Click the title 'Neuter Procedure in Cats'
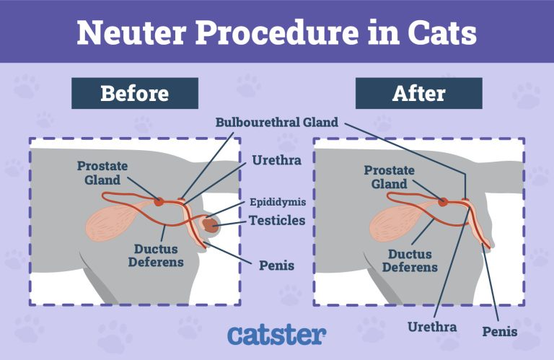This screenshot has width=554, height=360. pyautogui.click(x=277, y=32)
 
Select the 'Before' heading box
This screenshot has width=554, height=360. pyautogui.click(x=134, y=94)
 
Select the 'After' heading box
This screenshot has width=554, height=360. pyautogui.click(x=418, y=94)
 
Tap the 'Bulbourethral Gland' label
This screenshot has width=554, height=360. pyautogui.click(x=277, y=122)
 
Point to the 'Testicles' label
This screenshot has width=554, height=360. pyautogui.click(x=277, y=220)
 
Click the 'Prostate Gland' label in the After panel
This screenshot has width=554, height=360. pyautogui.click(x=389, y=177)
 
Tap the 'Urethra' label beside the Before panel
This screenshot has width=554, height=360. pyautogui.click(x=271, y=159)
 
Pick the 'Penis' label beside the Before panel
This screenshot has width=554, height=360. pyautogui.click(x=276, y=265)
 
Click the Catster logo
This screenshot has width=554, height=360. pyautogui.click(x=276, y=335)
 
